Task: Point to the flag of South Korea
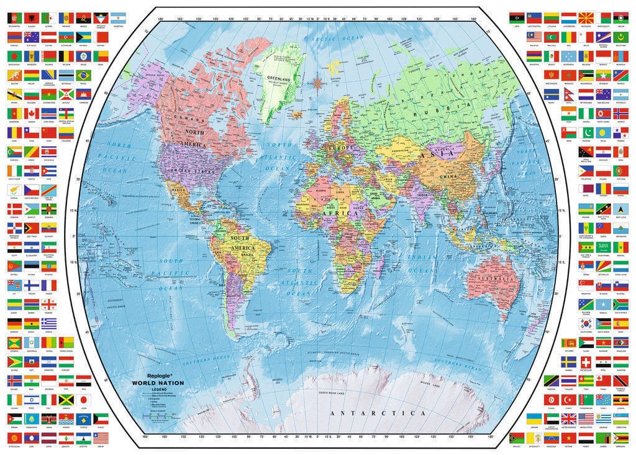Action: click(585, 323)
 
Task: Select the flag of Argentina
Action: click(117, 19)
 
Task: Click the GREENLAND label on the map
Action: click(279, 80)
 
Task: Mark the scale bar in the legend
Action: click(153, 413)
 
